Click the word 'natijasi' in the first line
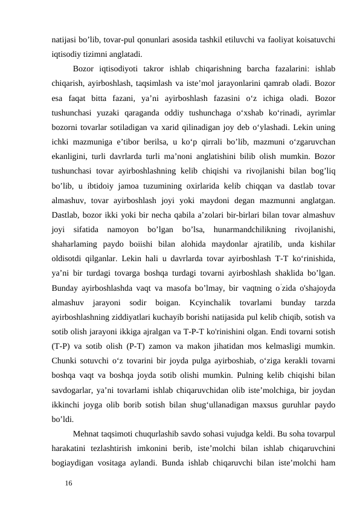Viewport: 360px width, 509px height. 65,39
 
